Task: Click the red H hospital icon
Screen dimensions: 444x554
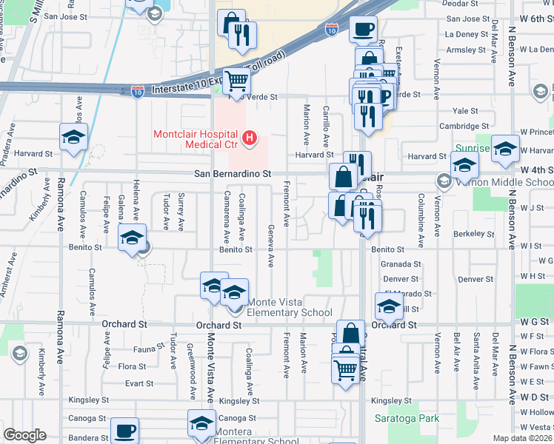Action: coord(250,137)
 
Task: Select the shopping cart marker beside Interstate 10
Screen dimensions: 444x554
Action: coord(236,81)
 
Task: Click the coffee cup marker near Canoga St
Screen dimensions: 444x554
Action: coord(124,430)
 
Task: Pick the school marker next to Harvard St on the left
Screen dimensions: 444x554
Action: coord(74,137)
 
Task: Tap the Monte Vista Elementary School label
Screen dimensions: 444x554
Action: coord(289,307)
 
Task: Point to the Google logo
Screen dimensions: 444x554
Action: coord(24,435)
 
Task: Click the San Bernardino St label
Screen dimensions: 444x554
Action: coord(229,172)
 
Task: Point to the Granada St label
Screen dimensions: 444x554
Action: coord(401,263)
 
